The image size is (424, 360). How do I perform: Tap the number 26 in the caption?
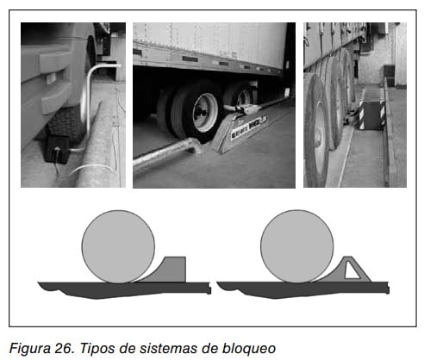pos(64,348)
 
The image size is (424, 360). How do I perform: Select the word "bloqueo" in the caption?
pos(249,349)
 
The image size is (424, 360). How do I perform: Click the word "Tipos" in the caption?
pos(97,348)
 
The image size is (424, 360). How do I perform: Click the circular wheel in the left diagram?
pos(118,246)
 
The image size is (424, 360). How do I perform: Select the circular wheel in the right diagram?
pos(297,246)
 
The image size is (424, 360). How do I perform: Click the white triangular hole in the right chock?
pos(352,270)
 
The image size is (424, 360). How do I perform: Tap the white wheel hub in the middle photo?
pos(205,112)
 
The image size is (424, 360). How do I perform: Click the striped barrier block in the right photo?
pos(372,114)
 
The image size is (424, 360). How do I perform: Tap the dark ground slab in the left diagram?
pos(124,289)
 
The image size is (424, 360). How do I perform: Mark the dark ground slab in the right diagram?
pos(302,289)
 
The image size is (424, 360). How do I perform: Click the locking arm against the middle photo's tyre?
pos(243,109)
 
